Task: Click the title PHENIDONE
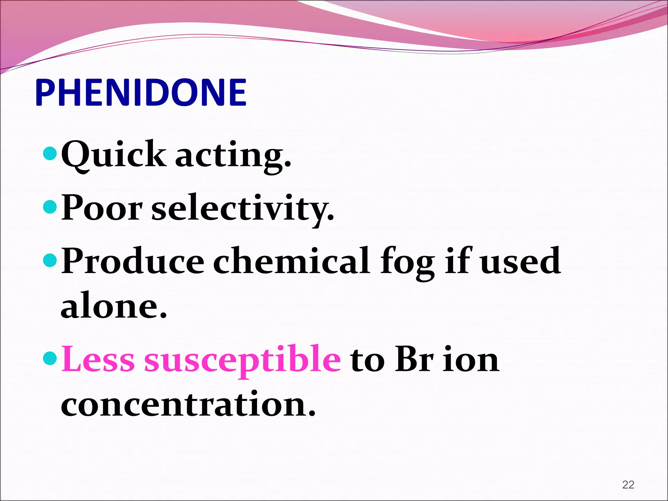point(141,93)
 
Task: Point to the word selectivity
point(243,209)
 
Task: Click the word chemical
point(292,261)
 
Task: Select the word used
point(521,261)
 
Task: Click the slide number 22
point(628,484)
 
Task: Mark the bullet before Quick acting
point(50,153)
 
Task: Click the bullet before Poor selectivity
point(50,207)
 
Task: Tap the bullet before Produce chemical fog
point(50,260)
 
